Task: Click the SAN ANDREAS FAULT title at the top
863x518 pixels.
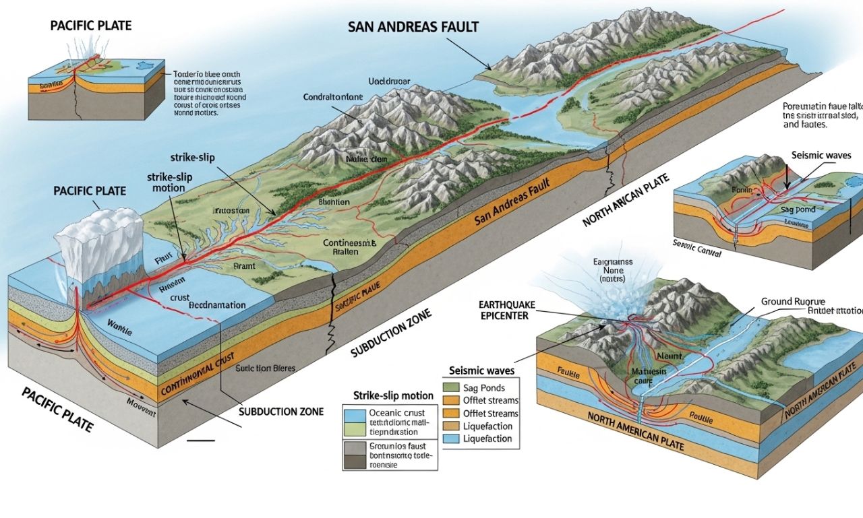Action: click(413, 27)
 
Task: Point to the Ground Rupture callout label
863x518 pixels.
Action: click(793, 302)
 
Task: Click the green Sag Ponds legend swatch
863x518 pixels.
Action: click(451, 388)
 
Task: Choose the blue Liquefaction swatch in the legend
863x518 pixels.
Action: click(451, 439)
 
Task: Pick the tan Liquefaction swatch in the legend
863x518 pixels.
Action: click(451, 426)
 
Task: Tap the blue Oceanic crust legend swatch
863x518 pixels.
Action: click(353, 415)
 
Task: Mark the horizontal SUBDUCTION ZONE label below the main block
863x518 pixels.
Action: click(281, 412)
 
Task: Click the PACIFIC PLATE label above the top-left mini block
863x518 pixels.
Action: click(90, 26)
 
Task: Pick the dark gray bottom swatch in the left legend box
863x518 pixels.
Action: click(353, 461)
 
